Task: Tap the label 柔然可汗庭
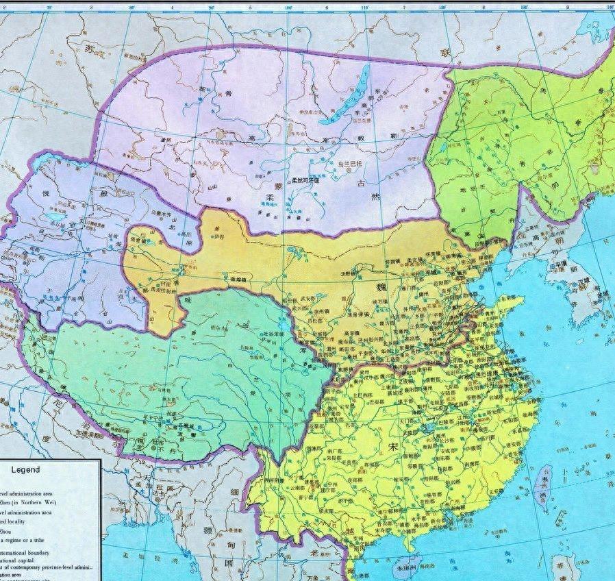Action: pos(305,180)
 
